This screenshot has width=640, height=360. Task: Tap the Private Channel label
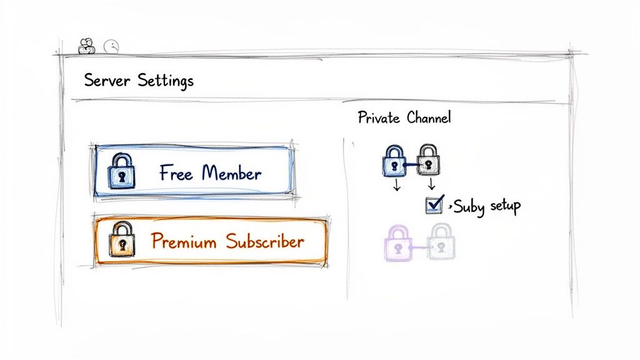404,117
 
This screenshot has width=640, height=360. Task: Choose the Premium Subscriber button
210,242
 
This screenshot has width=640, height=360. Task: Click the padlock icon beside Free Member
122,172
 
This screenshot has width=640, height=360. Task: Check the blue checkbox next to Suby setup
434,204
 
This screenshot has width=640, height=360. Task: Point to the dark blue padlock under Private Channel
393,161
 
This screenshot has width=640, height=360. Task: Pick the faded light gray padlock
441,242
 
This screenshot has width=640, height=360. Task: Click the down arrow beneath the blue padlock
396,186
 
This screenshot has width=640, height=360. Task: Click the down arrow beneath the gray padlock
430,186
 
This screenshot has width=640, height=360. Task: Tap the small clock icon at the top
111,46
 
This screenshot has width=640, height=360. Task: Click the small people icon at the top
87,46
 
